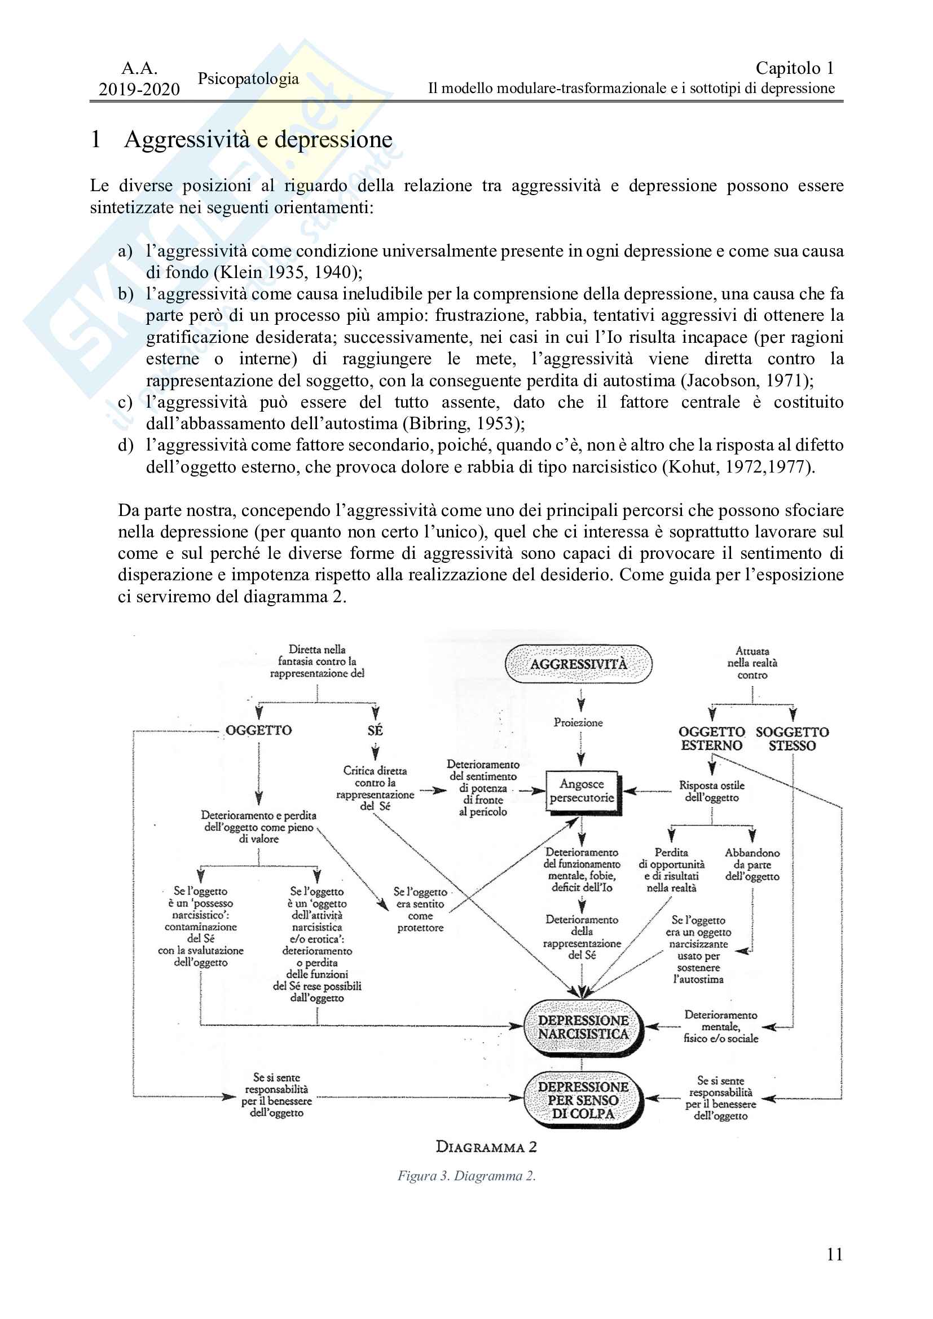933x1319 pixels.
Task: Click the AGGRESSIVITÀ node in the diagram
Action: (579, 664)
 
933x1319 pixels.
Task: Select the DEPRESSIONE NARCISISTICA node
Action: (583, 1027)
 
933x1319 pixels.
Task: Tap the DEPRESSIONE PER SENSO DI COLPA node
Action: (583, 1100)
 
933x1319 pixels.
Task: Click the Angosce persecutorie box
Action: (582, 791)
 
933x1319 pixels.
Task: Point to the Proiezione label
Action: (578, 723)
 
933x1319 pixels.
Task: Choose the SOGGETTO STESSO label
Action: (792, 739)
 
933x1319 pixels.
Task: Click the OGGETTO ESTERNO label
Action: (712, 739)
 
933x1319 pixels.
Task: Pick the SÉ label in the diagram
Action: (375, 731)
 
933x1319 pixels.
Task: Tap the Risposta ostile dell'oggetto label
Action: (712, 791)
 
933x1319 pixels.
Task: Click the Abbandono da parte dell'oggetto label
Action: (752, 864)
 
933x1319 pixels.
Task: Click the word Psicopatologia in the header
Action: (248, 79)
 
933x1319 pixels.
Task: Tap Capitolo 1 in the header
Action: (795, 68)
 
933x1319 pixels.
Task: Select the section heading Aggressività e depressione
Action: (258, 140)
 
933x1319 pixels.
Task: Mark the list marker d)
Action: (126, 445)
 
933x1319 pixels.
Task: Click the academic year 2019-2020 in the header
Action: (139, 89)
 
